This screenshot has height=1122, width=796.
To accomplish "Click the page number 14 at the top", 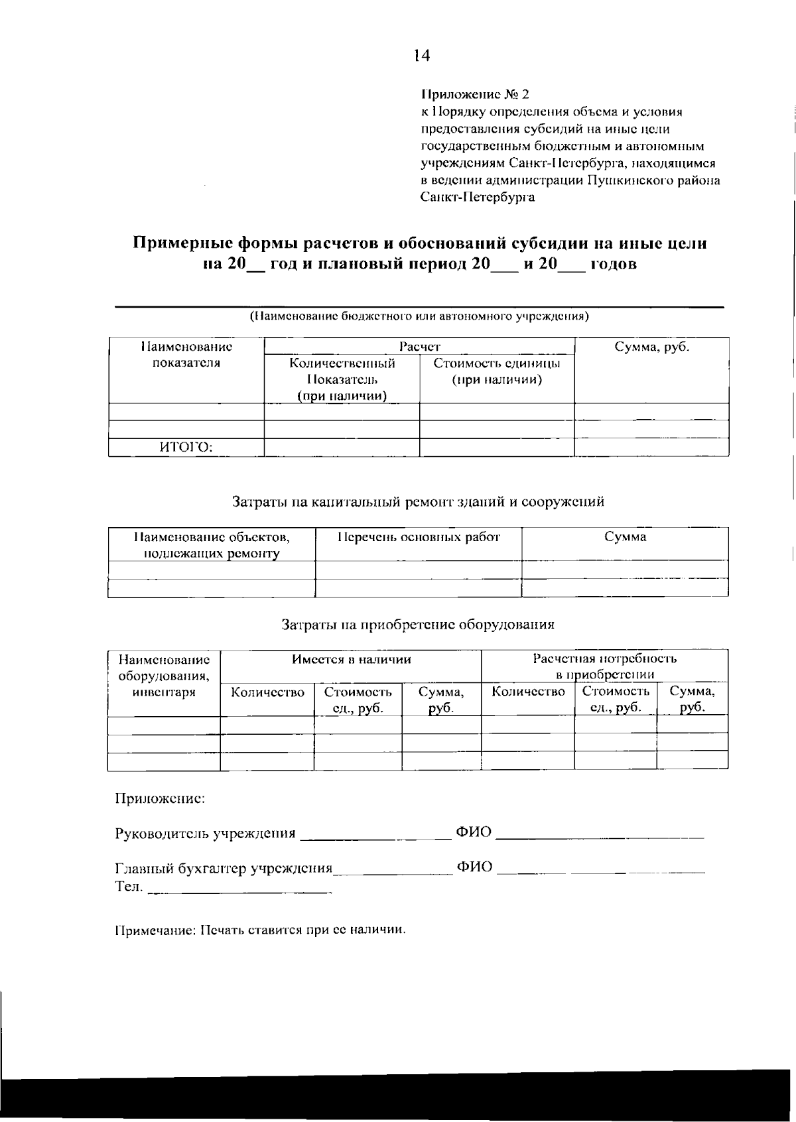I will coord(421,56).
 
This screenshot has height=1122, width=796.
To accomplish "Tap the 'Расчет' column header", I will coord(419,346).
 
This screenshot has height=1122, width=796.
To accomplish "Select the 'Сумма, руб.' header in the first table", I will coord(651,347).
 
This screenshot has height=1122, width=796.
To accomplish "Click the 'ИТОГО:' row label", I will coord(186,448).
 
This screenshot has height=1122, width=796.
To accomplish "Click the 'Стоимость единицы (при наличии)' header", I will coord(496,371).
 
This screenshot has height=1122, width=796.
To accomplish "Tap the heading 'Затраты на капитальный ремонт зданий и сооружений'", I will coord(418,501).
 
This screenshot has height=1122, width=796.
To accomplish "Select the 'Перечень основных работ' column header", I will coord(418,537).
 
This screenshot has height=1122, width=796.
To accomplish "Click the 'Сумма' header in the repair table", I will coord(625,537).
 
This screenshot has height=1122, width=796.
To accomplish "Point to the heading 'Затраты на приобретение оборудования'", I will coord(418,624).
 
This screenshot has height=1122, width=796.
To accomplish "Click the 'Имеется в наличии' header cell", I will coord(351,659).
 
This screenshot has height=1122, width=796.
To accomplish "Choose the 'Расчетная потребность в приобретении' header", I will coord(604,666).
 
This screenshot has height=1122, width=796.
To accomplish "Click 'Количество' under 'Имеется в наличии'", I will coord(267,692).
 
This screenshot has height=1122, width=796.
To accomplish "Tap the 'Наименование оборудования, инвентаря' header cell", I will coord(164,676).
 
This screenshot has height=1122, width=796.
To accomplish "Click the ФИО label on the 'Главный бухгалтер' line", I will coord(474,867).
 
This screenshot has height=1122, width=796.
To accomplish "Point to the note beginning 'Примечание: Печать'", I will coord(260,930).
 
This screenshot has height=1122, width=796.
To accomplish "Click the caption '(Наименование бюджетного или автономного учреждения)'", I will coord(419,316).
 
